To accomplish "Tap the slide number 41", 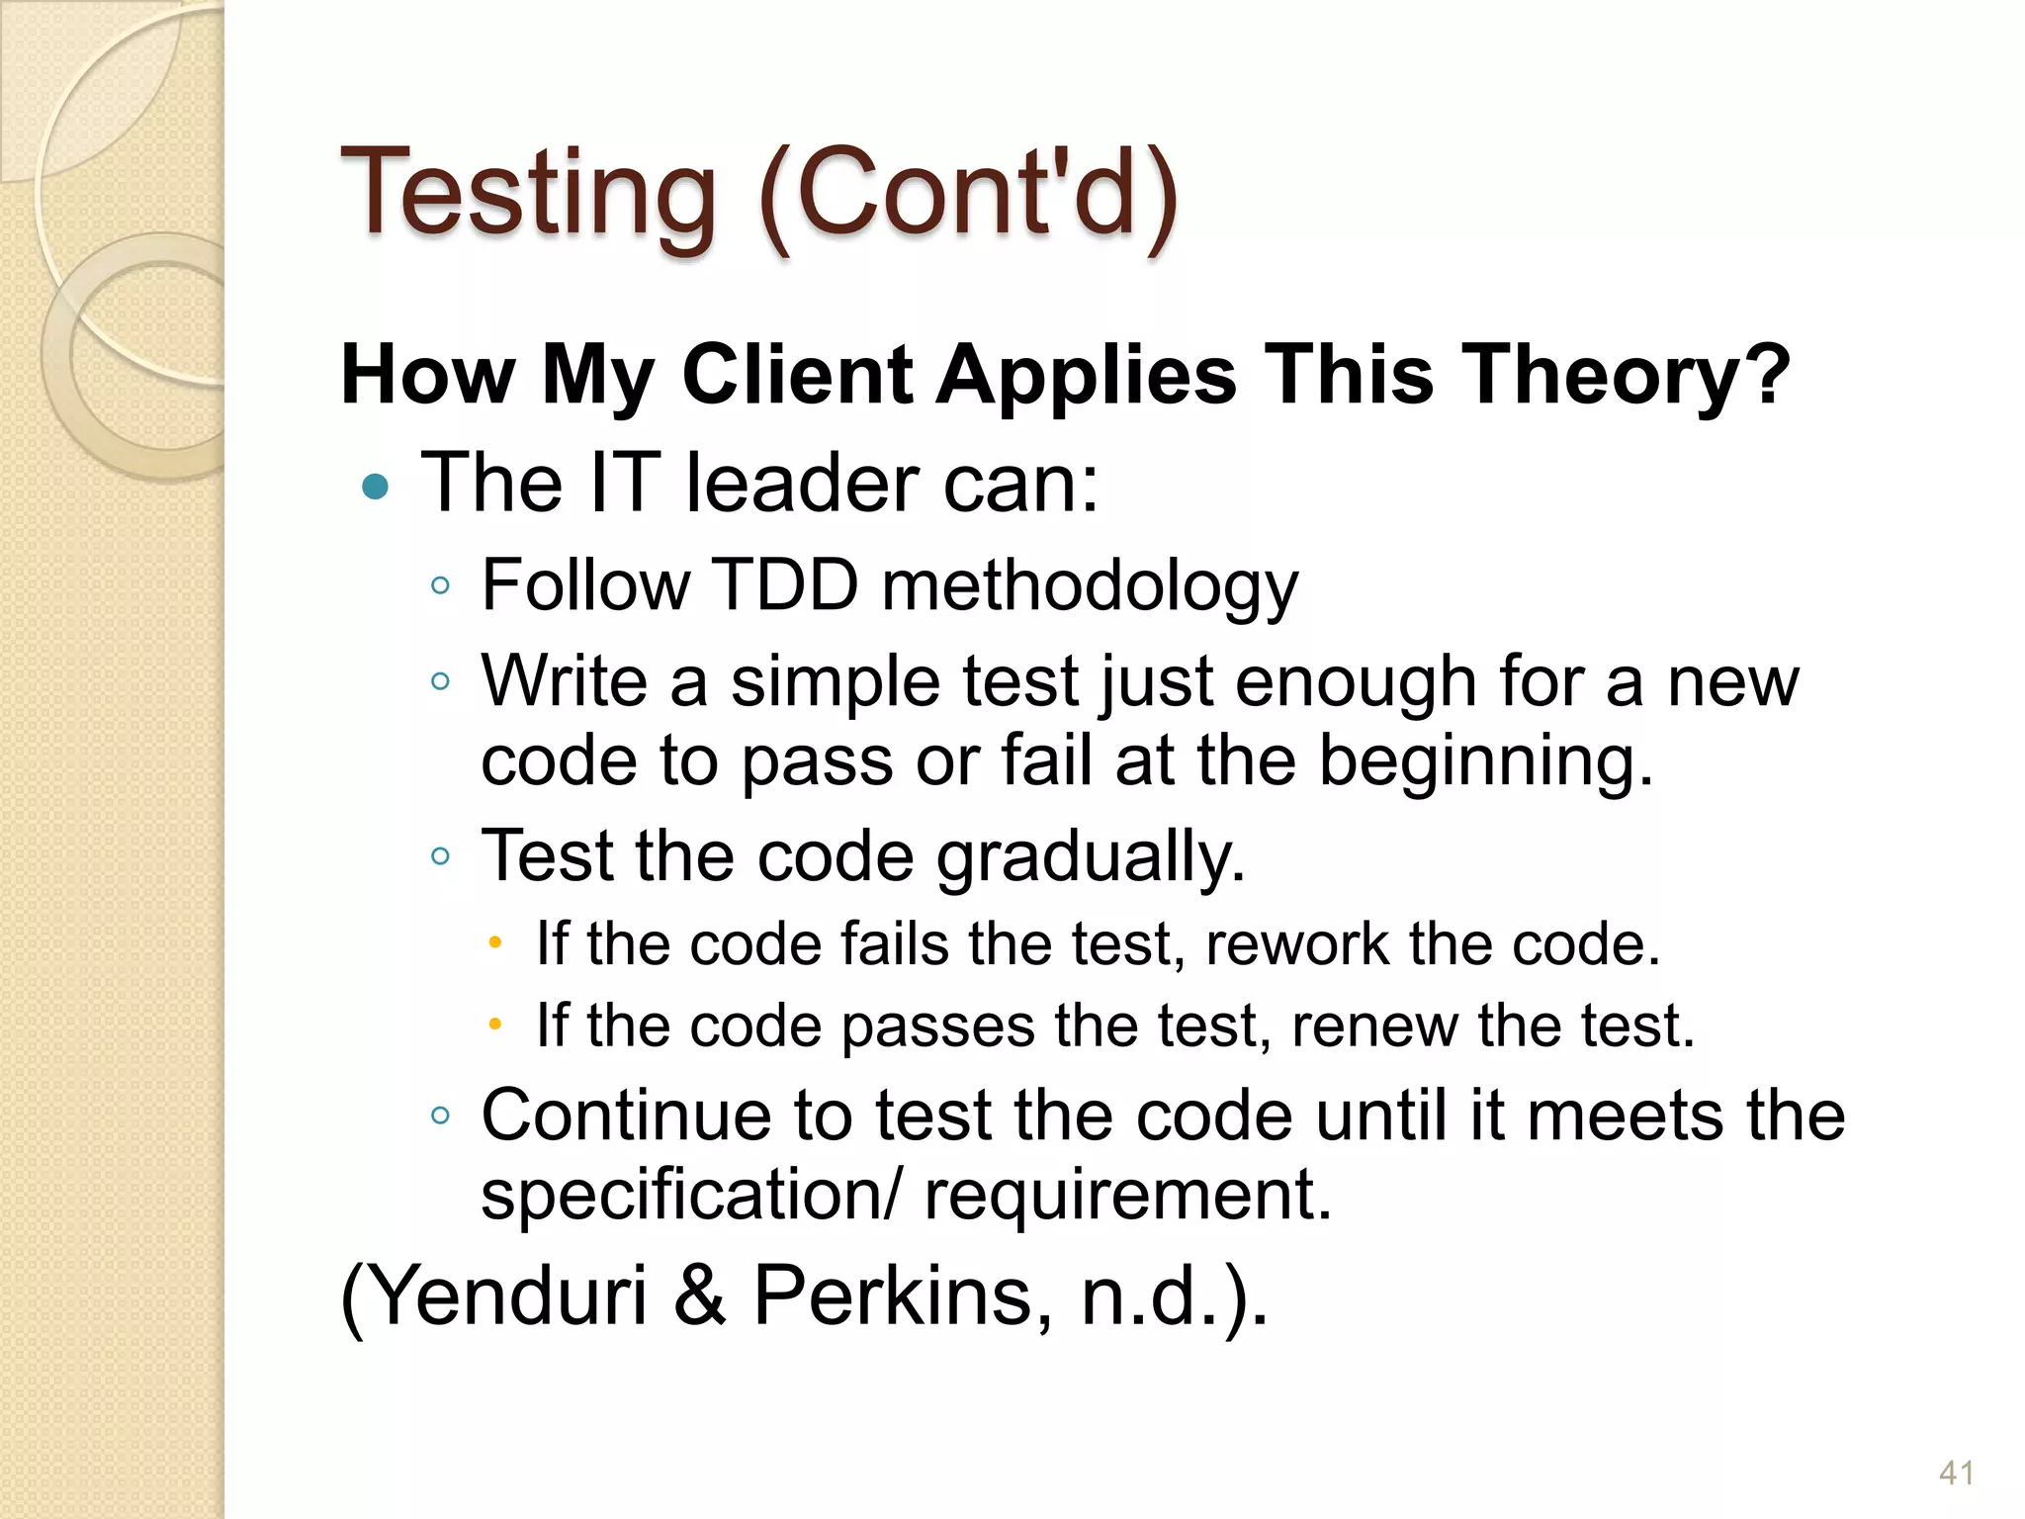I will (x=1956, y=1473).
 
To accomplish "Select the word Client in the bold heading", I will (x=797, y=375).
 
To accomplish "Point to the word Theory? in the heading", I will (x=1627, y=375).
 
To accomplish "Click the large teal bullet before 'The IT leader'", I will (x=376, y=486).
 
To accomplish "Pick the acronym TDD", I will (x=785, y=585).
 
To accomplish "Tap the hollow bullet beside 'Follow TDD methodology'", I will (x=441, y=585).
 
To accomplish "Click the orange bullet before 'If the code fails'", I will (x=495, y=941).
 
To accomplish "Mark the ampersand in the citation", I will (x=700, y=1296).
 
